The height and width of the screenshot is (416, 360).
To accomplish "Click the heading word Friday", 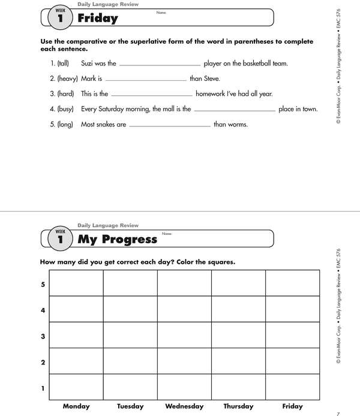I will pyautogui.click(x=98, y=19).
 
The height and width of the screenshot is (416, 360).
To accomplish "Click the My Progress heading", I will pyautogui.click(x=118, y=239).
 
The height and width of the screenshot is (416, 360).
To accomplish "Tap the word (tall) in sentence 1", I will pyautogui.click(x=64, y=63).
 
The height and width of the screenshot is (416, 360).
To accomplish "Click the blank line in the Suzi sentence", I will pyautogui.click(x=160, y=65).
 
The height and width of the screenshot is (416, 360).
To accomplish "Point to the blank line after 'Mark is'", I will pyautogui.click(x=146, y=80).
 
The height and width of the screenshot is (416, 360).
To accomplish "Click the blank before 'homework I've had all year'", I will pyautogui.click(x=152, y=96).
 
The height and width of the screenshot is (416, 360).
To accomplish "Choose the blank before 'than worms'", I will pyautogui.click(x=170, y=126).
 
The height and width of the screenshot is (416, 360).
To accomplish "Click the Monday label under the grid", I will pyautogui.click(x=76, y=406).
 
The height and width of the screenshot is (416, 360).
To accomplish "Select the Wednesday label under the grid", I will pyautogui.click(x=184, y=406).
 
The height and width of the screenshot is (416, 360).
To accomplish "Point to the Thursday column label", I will pyautogui.click(x=238, y=406).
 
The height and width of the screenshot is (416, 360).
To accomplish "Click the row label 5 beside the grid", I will pyautogui.click(x=43, y=284).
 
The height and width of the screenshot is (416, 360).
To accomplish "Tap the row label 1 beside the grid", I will pyautogui.click(x=43, y=388).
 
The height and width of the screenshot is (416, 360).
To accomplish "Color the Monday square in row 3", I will pyautogui.click(x=76, y=335).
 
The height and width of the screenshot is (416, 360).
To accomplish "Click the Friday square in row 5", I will pyautogui.click(x=293, y=283).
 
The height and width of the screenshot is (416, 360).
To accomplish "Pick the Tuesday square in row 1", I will pyautogui.click(x=130, y=387).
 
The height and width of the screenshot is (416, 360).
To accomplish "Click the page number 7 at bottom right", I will pyautogui.click(x=338, y=412).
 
